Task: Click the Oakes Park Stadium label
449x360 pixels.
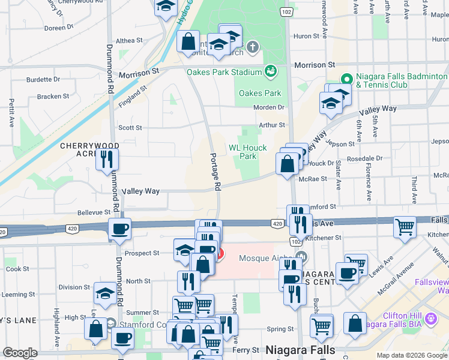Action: [x=223, y=72]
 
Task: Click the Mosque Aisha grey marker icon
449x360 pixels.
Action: [x=300, y=258]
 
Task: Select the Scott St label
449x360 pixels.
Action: [x=130, y=128]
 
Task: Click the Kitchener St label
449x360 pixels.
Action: [x=324, y=238]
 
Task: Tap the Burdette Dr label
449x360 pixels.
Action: [x=43, y=79]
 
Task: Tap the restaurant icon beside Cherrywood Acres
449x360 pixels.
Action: [x=107, y=159]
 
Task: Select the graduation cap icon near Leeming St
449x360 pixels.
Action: [x=106, y=293]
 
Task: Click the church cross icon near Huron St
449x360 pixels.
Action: [x=253, y=46]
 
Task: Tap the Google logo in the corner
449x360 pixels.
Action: [x=20, y=353]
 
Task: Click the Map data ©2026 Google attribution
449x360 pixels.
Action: [x=412, y=355]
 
